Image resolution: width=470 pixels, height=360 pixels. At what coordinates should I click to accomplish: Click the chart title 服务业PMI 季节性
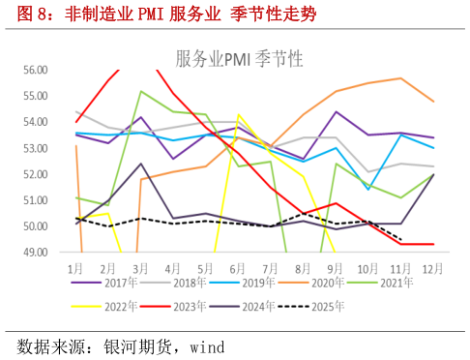(239, 59)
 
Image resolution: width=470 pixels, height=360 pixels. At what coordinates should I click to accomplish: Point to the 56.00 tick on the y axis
(35, 70)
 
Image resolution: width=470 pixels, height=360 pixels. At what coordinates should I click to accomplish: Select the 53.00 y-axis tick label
(35, 148)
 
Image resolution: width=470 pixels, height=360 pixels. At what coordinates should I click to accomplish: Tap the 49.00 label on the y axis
(35, 253)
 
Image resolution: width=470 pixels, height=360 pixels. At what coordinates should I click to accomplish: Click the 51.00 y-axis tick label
(35, 200)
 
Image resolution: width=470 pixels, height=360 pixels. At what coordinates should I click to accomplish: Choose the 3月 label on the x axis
(141, 265)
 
